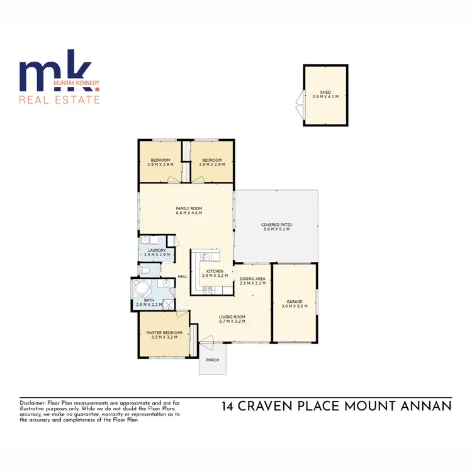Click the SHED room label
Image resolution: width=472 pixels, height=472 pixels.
click(x=325, y=92)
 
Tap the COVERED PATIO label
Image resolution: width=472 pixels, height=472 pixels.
click(x=276, y=225)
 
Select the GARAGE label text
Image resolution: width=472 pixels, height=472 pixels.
click(x=295, y=301)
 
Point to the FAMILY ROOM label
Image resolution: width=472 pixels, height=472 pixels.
click(x=189, y=208)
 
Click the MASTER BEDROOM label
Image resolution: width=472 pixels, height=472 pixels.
click(x=164, y=332)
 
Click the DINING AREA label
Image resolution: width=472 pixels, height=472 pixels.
click(x=252, y=278)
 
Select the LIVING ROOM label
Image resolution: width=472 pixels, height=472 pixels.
click(x=232, y=317)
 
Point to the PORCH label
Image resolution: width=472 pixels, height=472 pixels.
click(x=212, y=361)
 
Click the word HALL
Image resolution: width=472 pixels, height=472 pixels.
click(x=183, y=276)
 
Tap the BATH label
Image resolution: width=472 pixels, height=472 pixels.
click(x=149, y=301)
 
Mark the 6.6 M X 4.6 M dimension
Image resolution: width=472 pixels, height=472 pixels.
click(x=189, y=213)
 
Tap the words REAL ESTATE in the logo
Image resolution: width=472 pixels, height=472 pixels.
click(x=60, y=99)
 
